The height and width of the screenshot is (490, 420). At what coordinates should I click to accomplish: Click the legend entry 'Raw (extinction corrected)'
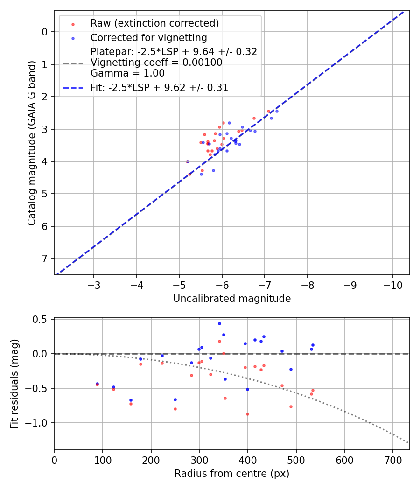point(154,23)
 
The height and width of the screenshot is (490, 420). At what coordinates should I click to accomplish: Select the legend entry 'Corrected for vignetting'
point(148,37)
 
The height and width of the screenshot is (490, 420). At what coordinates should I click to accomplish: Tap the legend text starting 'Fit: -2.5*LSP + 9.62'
point(159,87)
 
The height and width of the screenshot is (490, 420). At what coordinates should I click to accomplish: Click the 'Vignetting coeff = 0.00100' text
point(156,63)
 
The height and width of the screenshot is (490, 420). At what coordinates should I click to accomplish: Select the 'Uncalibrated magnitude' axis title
point(232,299)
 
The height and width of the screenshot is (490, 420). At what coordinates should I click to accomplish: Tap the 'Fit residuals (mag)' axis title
point(14,383)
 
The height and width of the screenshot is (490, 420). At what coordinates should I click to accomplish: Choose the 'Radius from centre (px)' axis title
point(232,474)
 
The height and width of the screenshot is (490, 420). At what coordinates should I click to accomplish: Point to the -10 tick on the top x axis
point(392,284)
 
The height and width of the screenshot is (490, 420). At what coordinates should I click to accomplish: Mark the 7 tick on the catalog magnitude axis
point(45,259)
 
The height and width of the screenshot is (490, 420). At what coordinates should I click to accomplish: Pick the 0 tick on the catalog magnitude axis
point(45,32)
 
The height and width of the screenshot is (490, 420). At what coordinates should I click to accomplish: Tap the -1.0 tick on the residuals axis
point(39,423)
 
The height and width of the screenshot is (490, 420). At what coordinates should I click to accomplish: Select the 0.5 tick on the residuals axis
point(42,319)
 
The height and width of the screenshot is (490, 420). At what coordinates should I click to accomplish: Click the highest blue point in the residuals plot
point(219,323)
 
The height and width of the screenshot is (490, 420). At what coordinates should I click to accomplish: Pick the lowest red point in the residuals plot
point(247,414)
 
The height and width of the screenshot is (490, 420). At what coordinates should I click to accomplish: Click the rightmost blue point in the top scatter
point(277,111)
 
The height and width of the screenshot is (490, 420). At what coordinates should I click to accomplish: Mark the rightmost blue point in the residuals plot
point(313,345)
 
